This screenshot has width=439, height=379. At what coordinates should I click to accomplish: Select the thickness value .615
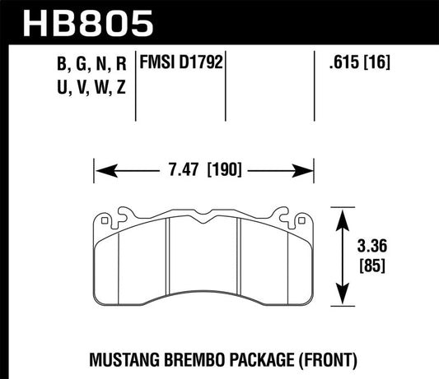[x=337, y=62]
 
